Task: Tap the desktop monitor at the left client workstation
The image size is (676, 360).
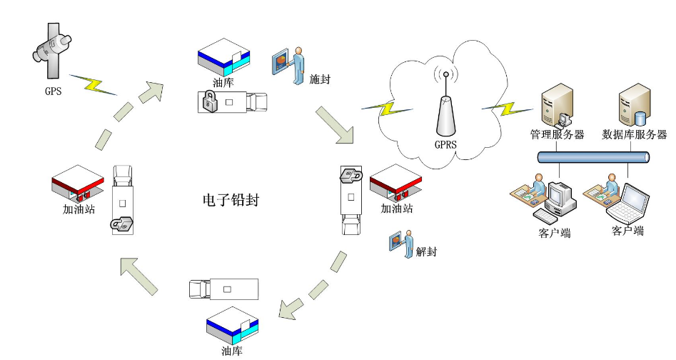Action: pos(560,197)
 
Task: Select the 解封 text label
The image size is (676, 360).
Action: pos(425,251)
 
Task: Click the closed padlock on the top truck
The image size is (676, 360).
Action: pos(208,102)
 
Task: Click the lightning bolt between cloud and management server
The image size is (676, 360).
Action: pos(508,107)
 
